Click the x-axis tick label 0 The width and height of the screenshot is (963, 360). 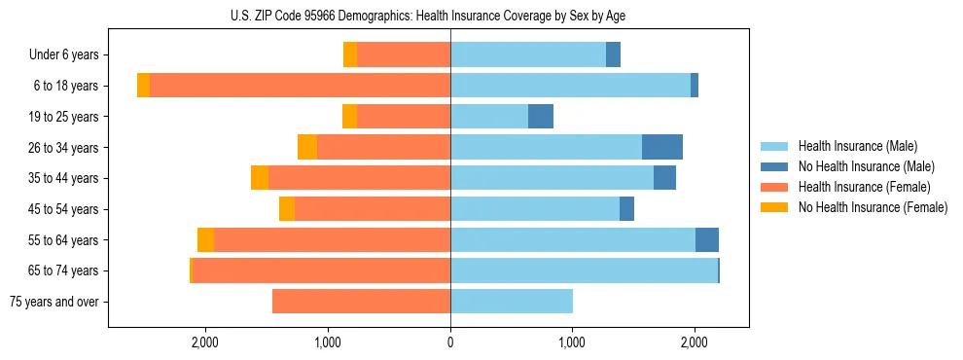point(450,342)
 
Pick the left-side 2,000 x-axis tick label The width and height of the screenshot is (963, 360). point(205,342)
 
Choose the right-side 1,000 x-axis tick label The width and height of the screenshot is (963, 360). point(572,342)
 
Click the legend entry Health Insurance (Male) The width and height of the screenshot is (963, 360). point(857,146)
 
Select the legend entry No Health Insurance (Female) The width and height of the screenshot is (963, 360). point(873,207)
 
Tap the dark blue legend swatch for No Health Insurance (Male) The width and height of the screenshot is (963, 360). point(775,166)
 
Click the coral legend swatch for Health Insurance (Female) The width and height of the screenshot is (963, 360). point(775,187)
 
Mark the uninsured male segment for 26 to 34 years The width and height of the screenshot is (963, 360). point(662,147)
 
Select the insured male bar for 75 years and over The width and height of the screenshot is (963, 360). point(512,302)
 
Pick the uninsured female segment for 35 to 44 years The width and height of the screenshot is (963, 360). point(260,178)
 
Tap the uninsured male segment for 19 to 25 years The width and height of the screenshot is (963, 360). point(541,117)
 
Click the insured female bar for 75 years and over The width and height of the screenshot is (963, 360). point(361,302)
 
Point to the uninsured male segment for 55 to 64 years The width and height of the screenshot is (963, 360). point(707,240)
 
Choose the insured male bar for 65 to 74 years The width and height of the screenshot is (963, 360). point(584,270)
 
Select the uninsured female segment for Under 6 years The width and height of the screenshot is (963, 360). point(350,55)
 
